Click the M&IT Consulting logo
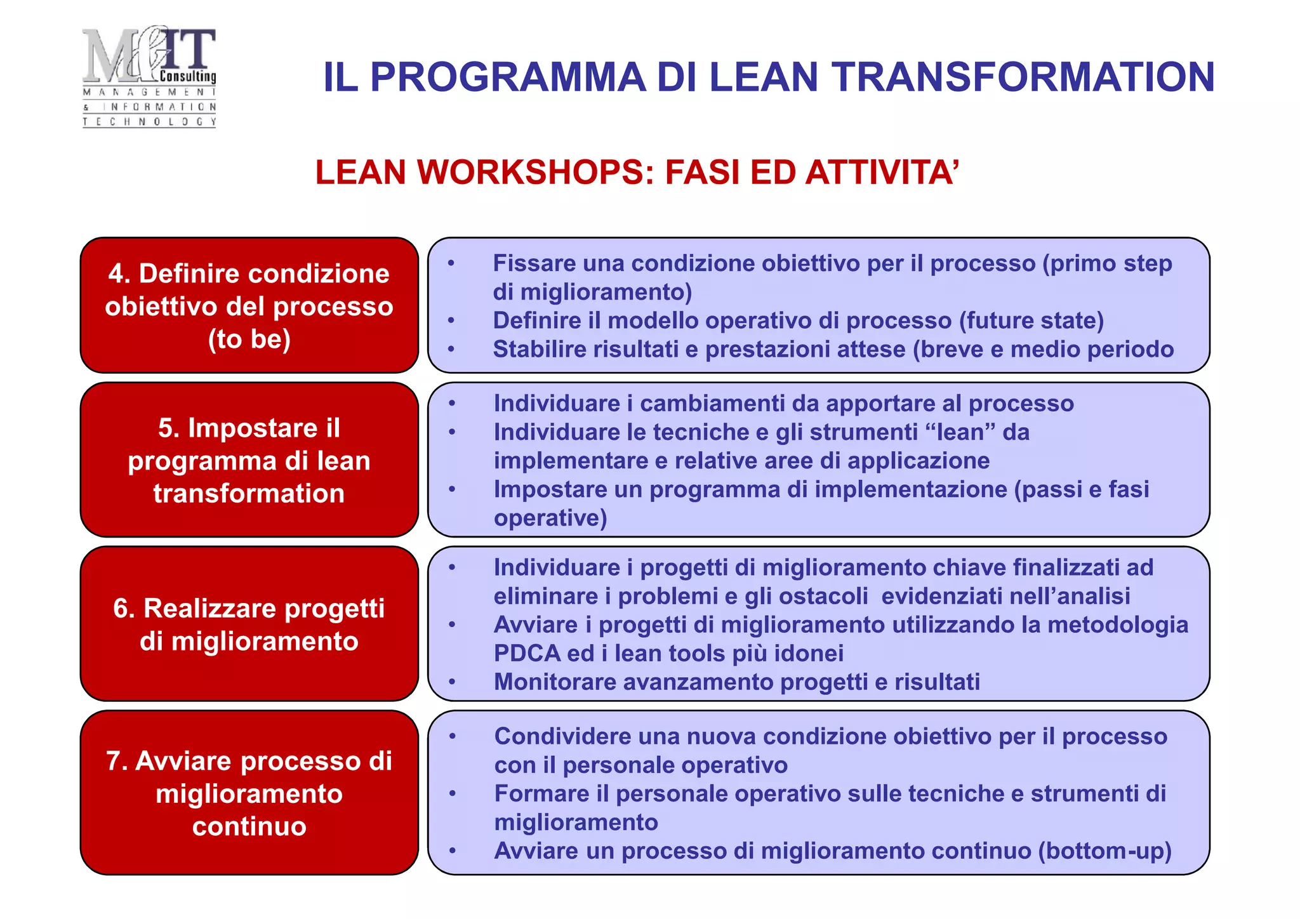tap(149, 76)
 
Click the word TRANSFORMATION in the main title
tap(1023, 77)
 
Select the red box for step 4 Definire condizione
tap(249, 305)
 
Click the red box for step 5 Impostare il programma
tap(249, 459)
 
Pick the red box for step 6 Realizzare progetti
tap(249, 624)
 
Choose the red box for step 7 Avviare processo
tap(249, 793)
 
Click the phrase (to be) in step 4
tap(249, 339)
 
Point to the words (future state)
tap(1031, 321)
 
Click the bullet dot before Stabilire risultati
tap(451, 350)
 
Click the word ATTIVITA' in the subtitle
tap(882, 173)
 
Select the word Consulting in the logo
tap(188, 77)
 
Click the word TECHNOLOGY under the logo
tap(149, 122)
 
